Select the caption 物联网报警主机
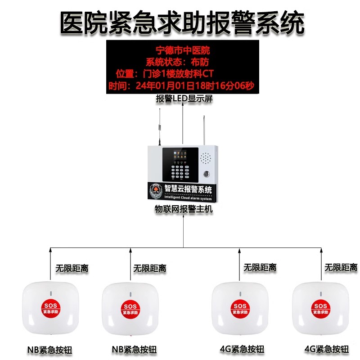pos(183,209)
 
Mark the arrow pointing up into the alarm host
pos(183,229)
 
